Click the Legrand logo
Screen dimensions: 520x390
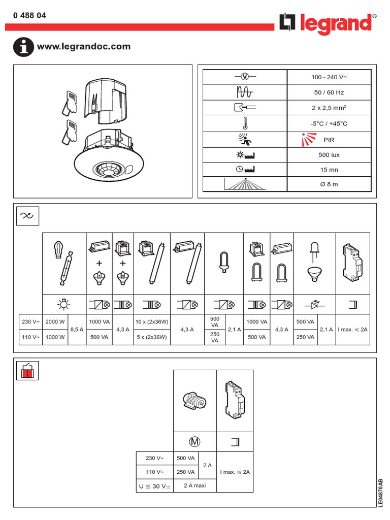coord(328,23)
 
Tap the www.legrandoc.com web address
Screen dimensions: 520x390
coord(84,47)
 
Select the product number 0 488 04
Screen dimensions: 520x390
coord(29,16)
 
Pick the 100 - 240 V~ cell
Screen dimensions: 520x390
coord(329,77)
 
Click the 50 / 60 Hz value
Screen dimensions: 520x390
coord(329,92)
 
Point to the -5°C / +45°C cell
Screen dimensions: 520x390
coord(329,124)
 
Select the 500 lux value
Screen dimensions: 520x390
coord(329,155)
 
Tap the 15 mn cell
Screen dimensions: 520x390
coord(329,170)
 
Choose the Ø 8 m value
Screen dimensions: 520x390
coord(329,184)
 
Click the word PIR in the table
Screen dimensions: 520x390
coord(329,140)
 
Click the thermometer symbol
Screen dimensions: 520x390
coord(245,124)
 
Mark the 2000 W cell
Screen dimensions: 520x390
coord(55,322)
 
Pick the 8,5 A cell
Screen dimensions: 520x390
coord(77,329)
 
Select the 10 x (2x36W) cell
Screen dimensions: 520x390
coord(152,322)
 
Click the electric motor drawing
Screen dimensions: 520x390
coord(194,401)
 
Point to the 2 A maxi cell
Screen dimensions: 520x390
coord(194,485)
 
